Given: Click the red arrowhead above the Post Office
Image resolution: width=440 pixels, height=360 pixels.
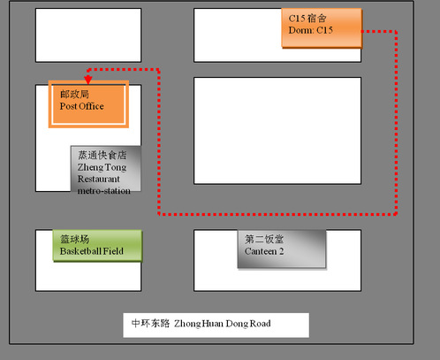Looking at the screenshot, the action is (88, 80).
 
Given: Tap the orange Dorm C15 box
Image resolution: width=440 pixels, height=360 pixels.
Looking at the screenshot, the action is (322, 28).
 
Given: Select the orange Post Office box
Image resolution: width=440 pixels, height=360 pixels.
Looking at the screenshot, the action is (88, 104).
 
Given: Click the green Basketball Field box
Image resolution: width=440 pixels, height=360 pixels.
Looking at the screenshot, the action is (97, 246).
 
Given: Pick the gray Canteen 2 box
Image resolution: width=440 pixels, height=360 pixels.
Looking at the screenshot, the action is (282, 249).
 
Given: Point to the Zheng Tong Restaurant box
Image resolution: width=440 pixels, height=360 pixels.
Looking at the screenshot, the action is (106, 169).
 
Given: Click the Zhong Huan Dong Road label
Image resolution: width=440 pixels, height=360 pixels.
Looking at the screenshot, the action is (216, 326).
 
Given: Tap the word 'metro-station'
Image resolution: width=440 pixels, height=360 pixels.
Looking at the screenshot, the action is (104, 191).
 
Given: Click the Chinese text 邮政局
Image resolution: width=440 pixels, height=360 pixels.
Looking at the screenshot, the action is (74, 95).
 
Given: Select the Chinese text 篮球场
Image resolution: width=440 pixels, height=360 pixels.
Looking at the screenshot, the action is (75, 239).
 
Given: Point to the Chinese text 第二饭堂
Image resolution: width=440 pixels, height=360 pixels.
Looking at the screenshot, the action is (264, 239).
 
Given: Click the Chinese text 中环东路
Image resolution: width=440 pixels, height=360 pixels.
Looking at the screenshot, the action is (150, 324).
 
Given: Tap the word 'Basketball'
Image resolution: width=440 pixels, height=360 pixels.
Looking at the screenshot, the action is (80, 251).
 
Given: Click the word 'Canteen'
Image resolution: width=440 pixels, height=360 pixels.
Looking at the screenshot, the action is (261, 251).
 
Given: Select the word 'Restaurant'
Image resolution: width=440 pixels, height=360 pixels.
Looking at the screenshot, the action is (99, 179).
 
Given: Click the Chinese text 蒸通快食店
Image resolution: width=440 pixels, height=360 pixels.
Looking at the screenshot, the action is (102, 155).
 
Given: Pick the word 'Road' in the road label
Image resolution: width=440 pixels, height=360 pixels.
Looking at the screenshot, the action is (261, 324).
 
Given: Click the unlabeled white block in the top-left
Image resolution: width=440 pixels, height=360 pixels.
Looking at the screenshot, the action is (88, 35).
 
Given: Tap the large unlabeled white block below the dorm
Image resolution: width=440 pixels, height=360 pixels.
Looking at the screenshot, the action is (277, 131).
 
